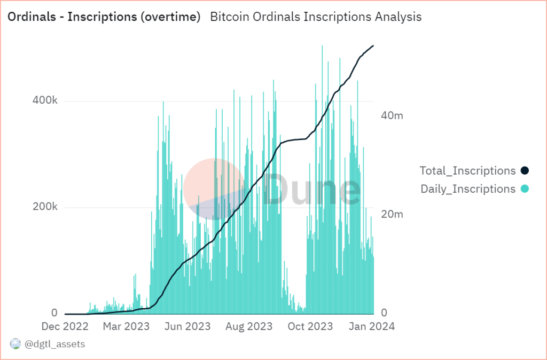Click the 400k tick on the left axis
(46, 100)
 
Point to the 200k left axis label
(46, 207)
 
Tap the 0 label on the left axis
(54, 313)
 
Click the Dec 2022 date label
(65, 326)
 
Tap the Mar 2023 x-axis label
(126, 326)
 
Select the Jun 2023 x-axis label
(186, 326)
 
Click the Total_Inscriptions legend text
(467, 171)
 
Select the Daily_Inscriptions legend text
(467, 189)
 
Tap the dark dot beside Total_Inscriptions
(525, 171)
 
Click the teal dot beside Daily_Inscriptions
(525, 189)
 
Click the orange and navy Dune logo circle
(213, 189)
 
